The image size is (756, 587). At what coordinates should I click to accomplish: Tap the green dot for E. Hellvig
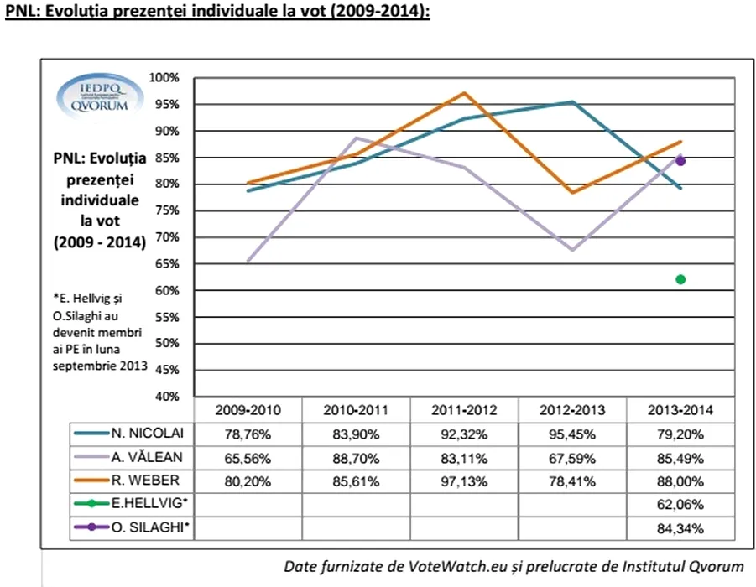[680, 279]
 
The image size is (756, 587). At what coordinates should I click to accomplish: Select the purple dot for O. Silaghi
[680, 160]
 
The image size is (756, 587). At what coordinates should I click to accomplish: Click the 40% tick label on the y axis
[165, 397]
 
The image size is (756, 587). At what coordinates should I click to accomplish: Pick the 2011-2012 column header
[464, 411]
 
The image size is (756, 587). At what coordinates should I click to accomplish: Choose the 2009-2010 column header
[248, 411]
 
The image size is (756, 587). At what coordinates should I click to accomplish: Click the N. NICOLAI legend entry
[131, 434]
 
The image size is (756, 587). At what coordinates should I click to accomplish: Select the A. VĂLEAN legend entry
[131, 458]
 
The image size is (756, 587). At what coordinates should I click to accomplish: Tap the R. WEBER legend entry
[131, 482]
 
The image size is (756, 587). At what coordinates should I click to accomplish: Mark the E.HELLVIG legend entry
[131, 505]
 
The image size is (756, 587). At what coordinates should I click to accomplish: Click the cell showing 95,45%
[572, 434]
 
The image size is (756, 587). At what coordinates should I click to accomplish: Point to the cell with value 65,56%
[248, 458]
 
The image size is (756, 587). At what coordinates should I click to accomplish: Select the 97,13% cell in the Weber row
[464, 482]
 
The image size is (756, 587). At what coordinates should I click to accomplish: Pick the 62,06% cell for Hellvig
[680, 506]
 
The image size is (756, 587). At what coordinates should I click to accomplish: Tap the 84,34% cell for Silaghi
[680, 529]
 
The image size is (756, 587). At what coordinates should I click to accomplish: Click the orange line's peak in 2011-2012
[464, 93]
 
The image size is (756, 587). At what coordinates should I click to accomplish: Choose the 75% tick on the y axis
[165, 210]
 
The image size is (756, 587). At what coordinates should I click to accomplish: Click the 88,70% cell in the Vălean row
[356, 458]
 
